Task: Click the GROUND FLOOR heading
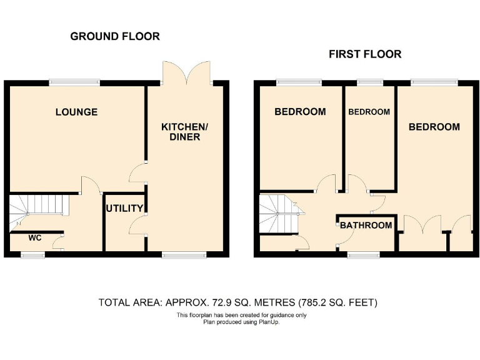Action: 115,36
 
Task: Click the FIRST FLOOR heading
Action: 365,54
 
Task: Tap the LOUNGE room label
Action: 76,112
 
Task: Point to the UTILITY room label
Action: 125,209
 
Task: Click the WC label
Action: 36,237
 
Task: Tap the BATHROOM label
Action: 366,226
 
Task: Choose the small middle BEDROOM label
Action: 369,112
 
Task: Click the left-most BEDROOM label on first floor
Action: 300,112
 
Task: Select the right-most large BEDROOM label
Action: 434,127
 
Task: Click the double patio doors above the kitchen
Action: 186,72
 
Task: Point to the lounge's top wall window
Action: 75,81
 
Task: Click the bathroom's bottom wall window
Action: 364,254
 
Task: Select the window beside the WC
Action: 32,254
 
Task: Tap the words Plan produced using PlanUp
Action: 241,322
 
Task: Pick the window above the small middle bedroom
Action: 371,81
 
